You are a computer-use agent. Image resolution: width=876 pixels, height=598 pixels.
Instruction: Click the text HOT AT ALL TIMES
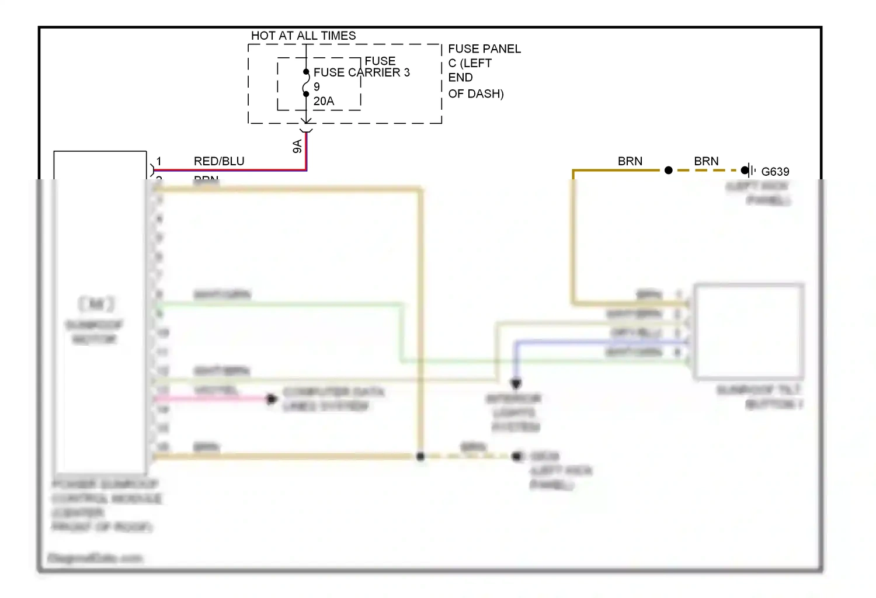pyautogui.click(x=303, y=36)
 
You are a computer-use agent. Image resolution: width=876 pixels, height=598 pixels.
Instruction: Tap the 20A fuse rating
pyautogui.click(x=324, y=101)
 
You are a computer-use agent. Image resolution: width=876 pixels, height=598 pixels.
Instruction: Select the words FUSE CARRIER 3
pyautogui.click(x=361, y=72)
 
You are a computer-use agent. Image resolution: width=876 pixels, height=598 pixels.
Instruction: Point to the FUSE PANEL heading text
pyautogui.click(x=484, y=49)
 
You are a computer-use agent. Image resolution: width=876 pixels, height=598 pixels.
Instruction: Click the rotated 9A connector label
pyautogui.click(x=297, y=146)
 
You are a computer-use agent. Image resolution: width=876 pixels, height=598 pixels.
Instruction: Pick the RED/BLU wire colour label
pyautogui.click(x=219, y=161)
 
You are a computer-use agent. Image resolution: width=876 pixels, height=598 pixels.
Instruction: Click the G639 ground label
pyautogui.click(x=775, y=172)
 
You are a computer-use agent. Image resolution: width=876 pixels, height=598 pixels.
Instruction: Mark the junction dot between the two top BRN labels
pyautogui.click(x=669, y=171)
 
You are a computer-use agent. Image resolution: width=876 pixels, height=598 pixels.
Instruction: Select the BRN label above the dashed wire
pyautogui.click(x=706, y=161)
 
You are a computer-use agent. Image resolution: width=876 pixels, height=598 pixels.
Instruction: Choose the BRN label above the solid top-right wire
pyautogui.click(x=630, y=161)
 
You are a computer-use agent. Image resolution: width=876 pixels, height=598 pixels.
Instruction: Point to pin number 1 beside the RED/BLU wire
pyautogui.click(x=159, y=161)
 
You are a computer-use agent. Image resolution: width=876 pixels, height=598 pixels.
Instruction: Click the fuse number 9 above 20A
pyautogui.click(x=317, y=87)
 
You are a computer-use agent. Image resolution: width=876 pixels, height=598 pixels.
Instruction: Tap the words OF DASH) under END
pyautogui.click(x=476, y=93)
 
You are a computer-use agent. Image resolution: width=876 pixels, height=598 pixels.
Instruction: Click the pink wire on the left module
pyautogui.click(x=210, y=399)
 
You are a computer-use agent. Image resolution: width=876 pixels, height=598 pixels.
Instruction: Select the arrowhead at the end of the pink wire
pyautogui.click(x=271, y=399)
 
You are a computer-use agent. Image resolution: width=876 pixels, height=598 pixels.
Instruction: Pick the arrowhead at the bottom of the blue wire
pyautogui.click(x=516, y=384)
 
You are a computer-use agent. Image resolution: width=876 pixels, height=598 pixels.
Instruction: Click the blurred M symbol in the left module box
pyautogui.click(x=97, y=304)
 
